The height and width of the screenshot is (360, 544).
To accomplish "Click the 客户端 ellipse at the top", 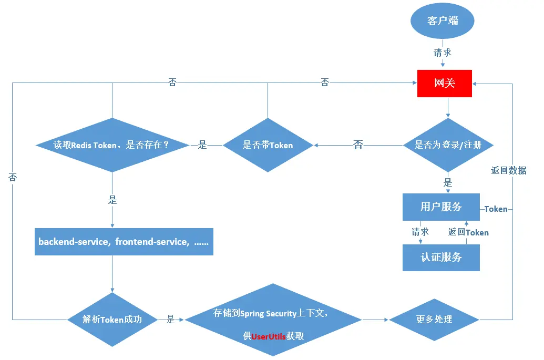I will (442, 21).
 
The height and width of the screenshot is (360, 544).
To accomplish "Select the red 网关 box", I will (445, 84).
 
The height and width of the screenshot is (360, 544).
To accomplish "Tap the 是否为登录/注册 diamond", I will (448, 145).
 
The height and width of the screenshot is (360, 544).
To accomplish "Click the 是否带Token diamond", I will (268, 145).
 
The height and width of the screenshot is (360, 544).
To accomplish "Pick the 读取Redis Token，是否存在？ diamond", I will (111, 145).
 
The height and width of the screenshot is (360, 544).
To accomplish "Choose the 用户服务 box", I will (441, 207).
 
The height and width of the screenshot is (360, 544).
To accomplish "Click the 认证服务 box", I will (441, 258).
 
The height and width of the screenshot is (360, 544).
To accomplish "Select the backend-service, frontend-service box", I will (124, 242).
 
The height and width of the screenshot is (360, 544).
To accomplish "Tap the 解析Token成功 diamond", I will (112, 319).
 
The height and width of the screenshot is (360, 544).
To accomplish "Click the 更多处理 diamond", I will (434, 319).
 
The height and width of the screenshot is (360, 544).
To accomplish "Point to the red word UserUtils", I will (269, 336).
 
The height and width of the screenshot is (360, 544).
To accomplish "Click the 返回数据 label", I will (509, 170).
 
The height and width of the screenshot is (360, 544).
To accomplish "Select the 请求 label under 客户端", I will (442, 53).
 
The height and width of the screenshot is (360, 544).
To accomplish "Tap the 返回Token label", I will (468, 232).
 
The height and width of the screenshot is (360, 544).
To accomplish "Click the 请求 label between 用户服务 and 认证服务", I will (420, 232).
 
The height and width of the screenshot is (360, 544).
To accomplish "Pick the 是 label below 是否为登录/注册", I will (448, 183).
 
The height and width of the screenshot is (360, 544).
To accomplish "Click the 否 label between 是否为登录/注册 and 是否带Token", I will (358, 145).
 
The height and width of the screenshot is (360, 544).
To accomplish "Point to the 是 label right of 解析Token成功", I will (170, 319).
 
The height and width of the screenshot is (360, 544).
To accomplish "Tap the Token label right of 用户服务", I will (496, 209).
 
